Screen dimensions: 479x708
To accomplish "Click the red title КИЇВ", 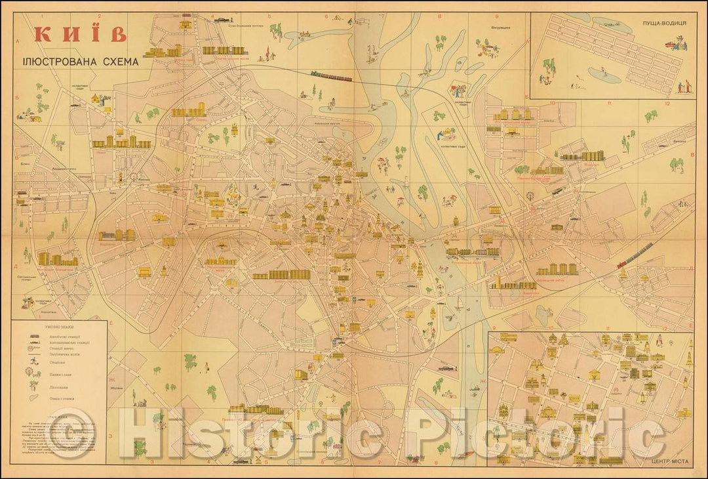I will click(x=79, y=34).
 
